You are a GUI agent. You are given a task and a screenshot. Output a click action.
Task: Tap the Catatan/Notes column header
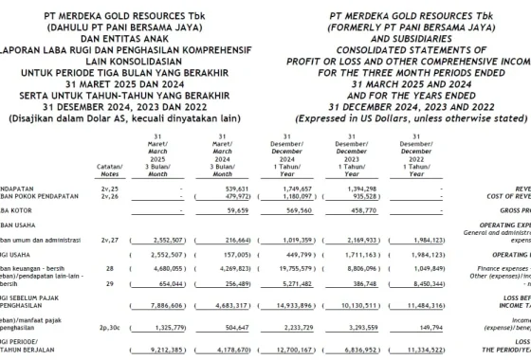[110, 170]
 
